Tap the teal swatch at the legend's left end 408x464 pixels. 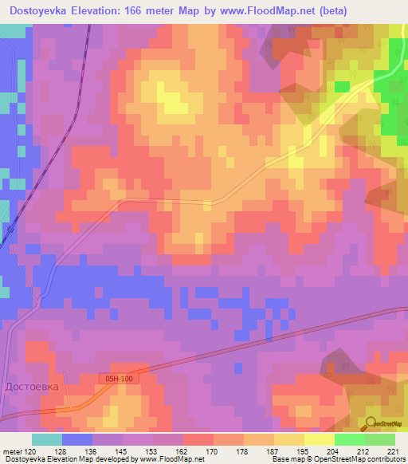[46, 439]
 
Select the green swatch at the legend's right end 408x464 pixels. [380, 439]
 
